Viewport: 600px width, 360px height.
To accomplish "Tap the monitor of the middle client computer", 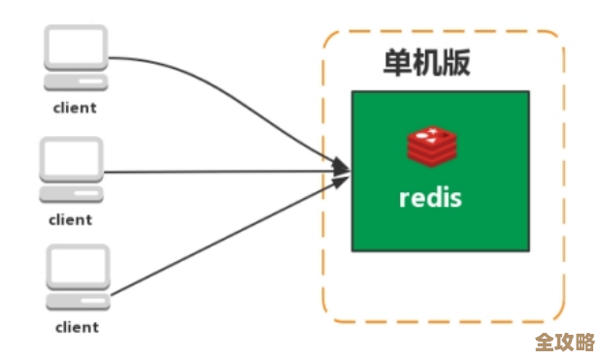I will pyautogui.click(x=71, y=158).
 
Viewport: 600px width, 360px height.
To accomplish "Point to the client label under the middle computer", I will pyautogui.click(x=71, y=218).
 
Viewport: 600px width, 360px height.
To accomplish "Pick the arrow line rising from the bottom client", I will pyautogui.click(x=223, y=243).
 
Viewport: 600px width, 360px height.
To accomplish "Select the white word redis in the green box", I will pyautogui.click(x=430, y=197).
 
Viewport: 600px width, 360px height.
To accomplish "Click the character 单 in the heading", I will pyautogui.click(x=397, y=64).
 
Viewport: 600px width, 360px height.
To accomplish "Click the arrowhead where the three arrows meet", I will pyautogui.click(x=341, y=170).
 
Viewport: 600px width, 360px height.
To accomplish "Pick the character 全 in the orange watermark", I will pyautogui.click(x=545, y=342).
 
